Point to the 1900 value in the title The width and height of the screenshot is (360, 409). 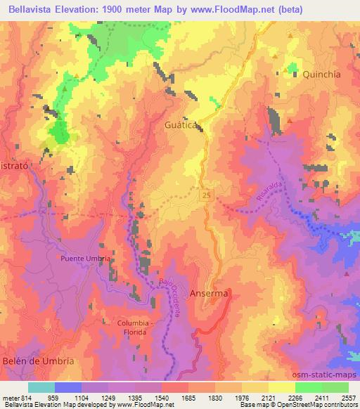point(134,8)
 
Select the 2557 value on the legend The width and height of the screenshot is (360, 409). point(349,398)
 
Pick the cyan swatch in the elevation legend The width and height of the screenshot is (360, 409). point(41,387)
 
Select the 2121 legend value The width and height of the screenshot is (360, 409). point(269,398)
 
